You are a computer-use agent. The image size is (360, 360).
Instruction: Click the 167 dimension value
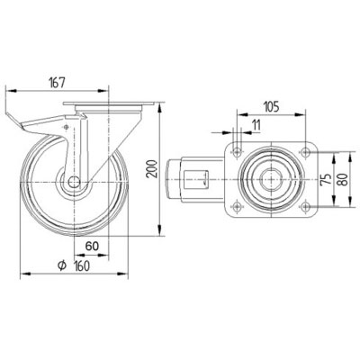(x=57, y=83)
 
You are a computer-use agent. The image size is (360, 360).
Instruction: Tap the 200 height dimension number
(x=153, y=169)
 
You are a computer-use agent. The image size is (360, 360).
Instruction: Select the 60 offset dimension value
(x=92, y=246)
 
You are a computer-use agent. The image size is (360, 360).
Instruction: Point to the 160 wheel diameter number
(x=82, y=265)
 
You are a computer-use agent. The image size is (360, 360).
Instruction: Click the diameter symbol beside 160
(x=62, y=265)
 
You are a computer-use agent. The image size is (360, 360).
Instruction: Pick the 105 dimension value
(x=271, y=107)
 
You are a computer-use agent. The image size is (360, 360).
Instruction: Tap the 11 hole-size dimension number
(x=256, y=125)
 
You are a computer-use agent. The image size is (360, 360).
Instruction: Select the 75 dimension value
(x=327, y=179)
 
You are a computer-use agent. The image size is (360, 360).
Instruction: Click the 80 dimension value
(x=344, y=179)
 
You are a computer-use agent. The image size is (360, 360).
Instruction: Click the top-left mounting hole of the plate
(x=238, y=152)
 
